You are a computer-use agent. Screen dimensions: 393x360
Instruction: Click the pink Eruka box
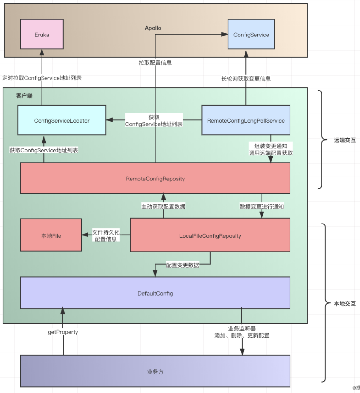(42, 34)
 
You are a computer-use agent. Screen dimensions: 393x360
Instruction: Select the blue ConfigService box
(251, 34)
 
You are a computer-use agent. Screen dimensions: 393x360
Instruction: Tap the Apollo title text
(153, 28)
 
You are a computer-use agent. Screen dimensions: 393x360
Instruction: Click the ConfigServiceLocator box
(62, 120)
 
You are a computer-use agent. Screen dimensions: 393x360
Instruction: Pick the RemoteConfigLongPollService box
(246, 120)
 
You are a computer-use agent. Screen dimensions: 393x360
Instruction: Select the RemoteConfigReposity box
(155, 178)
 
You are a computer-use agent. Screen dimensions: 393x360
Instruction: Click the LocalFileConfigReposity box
(210, 235)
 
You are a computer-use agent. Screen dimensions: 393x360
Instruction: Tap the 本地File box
(51, 235)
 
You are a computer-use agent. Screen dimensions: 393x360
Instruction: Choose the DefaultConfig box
(155, 293)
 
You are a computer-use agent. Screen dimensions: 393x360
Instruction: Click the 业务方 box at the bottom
(155, 371)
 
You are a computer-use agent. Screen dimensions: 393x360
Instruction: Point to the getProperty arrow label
(63, 332)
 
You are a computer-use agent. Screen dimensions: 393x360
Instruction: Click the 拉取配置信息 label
(155, 63)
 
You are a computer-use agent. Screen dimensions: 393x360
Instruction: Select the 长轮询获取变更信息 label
(246, 79)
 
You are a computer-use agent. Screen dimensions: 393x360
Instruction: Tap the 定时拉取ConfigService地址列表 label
(42, 78)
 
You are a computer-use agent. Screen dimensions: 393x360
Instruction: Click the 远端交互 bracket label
(345, 140)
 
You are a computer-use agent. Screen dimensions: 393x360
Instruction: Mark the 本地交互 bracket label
(345, 303)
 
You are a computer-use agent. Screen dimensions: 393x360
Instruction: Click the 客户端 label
(24, 96)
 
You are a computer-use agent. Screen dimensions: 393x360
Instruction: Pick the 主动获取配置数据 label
(163, 206)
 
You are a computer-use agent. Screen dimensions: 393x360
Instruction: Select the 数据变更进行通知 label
(262, 206)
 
